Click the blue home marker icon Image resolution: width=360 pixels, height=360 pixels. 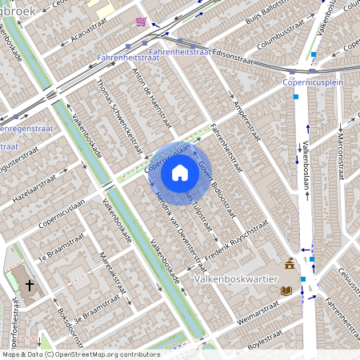(x=180, y=173)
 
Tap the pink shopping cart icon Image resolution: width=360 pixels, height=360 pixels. (x=142, y=22)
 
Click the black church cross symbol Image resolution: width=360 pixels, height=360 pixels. (x=30, y=285)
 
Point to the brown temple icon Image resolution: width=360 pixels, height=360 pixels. (x=290, y=264)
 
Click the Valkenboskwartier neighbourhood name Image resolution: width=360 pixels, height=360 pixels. (x=236, y=279)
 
